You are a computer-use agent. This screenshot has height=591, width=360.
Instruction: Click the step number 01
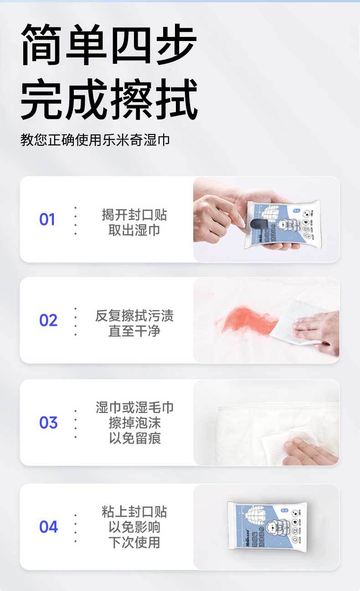[x=47, y=220]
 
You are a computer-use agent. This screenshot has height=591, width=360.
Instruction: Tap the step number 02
[x=48, y=321]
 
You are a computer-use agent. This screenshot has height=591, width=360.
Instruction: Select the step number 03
[x=48, y=423]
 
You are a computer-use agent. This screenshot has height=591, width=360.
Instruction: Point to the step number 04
[x=48, y=527]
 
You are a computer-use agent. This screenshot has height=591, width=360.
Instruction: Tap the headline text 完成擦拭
[x=108, y=99]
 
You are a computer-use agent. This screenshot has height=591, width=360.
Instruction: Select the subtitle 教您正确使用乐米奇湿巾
[x=95, y=139]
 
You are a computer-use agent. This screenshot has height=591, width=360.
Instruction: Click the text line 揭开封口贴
[x=134, y=215]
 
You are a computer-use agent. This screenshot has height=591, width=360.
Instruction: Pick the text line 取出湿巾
[x=134, y=230]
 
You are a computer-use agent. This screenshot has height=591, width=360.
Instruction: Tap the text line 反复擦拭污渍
[x=134, y=316]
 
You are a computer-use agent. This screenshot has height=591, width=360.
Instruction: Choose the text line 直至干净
[x=134, y=331]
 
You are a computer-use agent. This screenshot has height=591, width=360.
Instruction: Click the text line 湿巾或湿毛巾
[x=134, y=407]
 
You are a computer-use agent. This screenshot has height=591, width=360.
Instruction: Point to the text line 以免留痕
[x=134, y=438]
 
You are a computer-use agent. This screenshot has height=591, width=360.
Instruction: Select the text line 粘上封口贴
[x=134, y=512]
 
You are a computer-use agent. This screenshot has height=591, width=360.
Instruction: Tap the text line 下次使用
[x=134, y=543]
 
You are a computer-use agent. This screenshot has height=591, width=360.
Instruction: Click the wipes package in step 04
[x=267, y=528]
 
